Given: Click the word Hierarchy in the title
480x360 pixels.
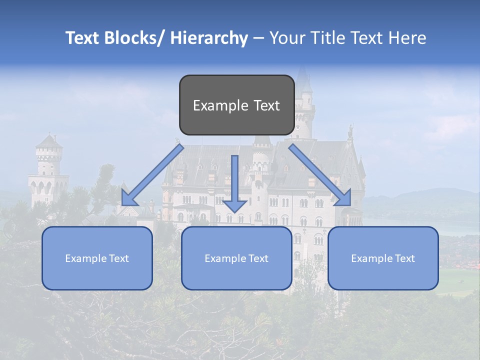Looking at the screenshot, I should coord(209,38).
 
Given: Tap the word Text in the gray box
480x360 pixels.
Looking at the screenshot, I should coord(266,105).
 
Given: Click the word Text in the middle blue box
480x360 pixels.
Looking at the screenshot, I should coord(258,258).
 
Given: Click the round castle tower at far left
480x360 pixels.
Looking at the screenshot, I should coord(48,165).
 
